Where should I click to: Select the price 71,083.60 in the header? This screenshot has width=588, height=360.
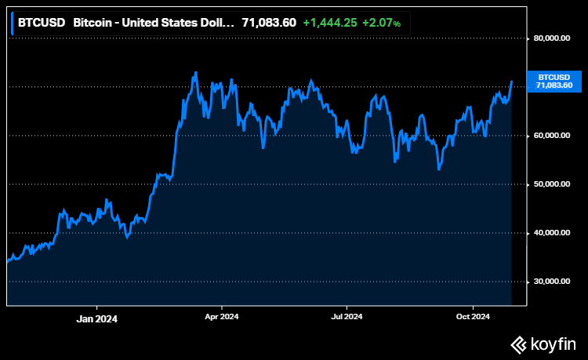click(268, 23)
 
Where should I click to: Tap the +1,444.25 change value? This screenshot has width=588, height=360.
click(330, 23)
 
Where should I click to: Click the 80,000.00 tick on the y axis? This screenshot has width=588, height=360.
click(552, 38)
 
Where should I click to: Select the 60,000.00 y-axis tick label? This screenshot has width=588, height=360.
click(552, 136)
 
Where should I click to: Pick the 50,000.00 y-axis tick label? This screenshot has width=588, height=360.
click(552, 184)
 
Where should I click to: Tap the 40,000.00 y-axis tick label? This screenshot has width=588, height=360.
click(552, 233)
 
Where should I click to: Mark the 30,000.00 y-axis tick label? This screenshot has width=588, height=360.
click(552, 282)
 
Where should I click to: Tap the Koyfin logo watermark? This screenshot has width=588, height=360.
click(544, 343)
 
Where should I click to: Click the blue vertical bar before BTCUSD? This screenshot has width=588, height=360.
click(13, 23)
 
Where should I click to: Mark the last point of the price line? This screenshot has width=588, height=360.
click(512, 81)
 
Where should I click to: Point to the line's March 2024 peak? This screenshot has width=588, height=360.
click(195, 73)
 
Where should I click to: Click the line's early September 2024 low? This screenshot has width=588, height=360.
click(439, 169)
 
